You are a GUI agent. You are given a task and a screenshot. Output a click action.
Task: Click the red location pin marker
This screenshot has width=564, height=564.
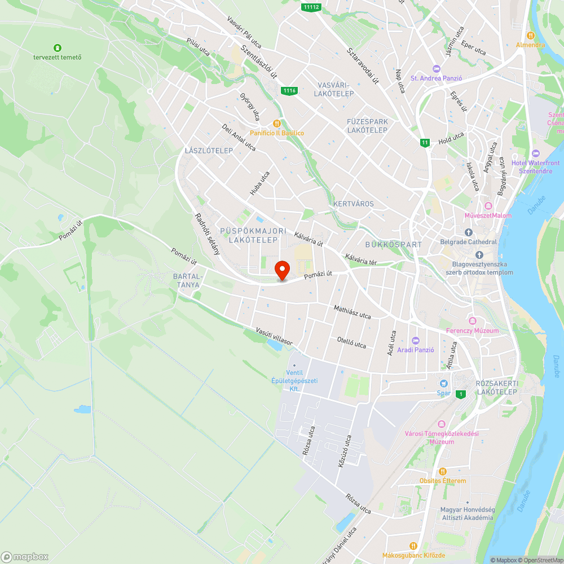click(281, 270)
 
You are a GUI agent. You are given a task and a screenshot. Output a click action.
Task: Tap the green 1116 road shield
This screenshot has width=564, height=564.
click(289, 90)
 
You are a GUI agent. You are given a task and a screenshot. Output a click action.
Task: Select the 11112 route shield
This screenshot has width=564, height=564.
click(311, 7)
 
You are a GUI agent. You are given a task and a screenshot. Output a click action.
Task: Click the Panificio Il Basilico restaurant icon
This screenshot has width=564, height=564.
click(276, 124)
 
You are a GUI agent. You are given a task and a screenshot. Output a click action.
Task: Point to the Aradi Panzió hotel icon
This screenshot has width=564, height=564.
click(416, 341)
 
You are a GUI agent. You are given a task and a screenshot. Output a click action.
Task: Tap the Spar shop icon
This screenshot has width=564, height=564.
click(443, 383)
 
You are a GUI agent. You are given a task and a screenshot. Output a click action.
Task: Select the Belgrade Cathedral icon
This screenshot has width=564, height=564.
click(468, 232)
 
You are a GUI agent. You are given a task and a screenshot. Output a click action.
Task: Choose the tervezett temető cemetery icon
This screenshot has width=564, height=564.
click(57, 47)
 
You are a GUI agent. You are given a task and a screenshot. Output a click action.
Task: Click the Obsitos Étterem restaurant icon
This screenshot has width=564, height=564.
click(443, 471)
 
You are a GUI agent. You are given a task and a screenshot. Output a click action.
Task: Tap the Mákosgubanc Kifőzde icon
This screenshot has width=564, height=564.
click(413, 545)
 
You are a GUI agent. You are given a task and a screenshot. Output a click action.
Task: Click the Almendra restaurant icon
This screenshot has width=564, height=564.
click(530, 35)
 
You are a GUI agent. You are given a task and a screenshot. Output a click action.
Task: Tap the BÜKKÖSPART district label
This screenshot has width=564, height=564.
click(393, 245)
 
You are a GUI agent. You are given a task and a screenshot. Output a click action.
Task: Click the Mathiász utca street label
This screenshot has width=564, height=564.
click(352, 312)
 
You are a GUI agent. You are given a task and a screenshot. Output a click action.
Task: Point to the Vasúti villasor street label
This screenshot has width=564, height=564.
click(274, 336)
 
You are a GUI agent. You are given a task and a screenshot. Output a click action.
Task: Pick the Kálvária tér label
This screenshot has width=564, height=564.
click(361, 259)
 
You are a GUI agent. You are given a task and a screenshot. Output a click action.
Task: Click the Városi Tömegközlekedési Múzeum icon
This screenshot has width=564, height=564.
click(441, 424)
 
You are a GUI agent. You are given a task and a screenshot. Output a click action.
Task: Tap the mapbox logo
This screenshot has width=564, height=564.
click(25, 556)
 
